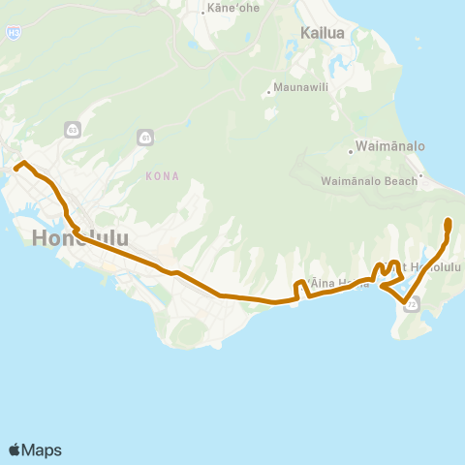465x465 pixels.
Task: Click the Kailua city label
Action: pyautogui.click(x=323, y=33)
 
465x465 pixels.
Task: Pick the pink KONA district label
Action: pyautogui.click(x=160, y=176)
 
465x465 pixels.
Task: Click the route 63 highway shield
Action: pyautogui.click(x=74, y=129)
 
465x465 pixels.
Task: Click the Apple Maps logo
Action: pyautogui.click(x=35, y=449)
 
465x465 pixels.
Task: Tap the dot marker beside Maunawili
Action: pyautogui.click(x=268, y=94)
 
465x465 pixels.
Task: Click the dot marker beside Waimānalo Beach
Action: pyautogui.click(x=420, y=177)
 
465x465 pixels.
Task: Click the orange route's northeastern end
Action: pyautogui.click(x=448, y=222)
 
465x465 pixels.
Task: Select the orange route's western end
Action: pyautogui.click(x=16, y=169)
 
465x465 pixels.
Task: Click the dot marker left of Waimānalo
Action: pyautogui.click(x=352, y=150)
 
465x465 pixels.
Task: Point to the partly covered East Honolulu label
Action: pyautogui.click(x=430, y=266)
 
